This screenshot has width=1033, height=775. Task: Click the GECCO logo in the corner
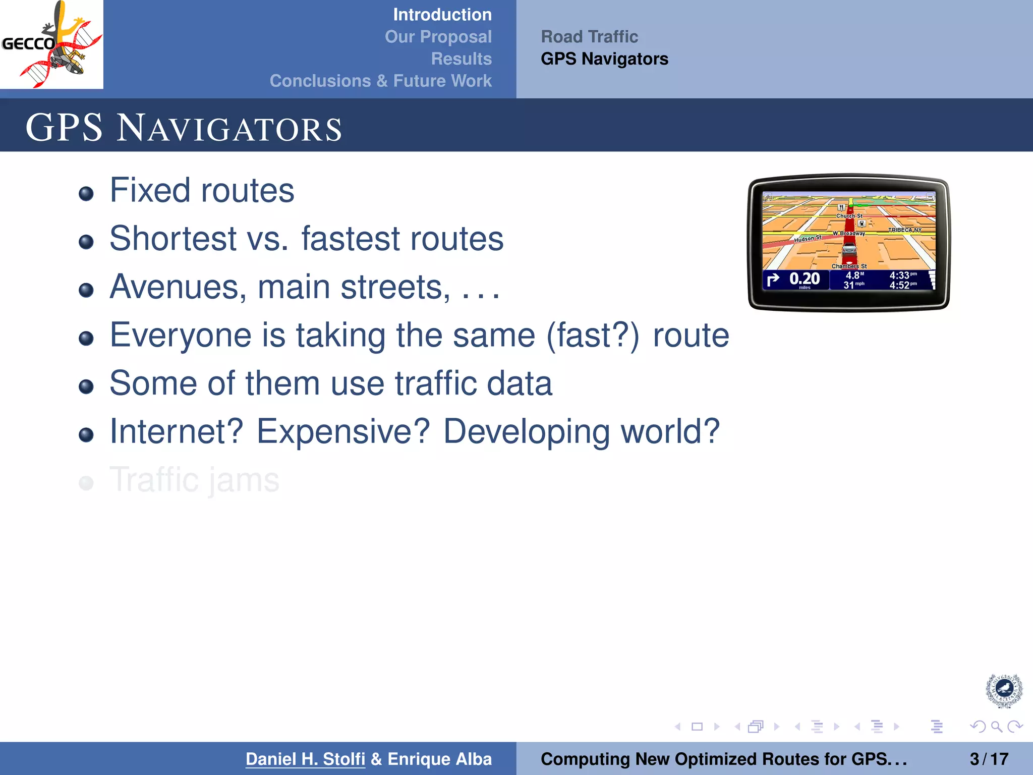click(x=51, y=44)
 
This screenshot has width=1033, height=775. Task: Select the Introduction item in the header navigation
click(x=442, y=15)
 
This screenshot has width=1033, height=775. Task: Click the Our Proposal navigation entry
click(x=438, y=37)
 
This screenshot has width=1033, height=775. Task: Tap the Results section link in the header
click(x=461, y=59)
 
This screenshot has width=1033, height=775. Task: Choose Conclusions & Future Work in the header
click(x=380, y=81)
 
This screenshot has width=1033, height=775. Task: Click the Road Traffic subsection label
click(x=589, y=37)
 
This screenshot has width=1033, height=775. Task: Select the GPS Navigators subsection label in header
click(x=604, y=59)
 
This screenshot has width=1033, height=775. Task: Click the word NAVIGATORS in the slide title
click(x=229, y=128)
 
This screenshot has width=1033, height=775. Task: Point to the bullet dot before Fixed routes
click(x=86, y=194)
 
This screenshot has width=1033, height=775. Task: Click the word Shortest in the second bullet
click(x=173, y=239)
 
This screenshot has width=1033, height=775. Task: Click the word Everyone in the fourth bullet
click(x=180, y=335)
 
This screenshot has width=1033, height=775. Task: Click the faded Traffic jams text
click(x=194, y=480)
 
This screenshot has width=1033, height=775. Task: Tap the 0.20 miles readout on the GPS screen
click(x=804, y=279)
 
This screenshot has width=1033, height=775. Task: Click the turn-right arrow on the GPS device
click(x=773, y=279)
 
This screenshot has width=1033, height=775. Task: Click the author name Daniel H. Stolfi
click(x=305, y=759)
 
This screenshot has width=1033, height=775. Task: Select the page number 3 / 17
click(x=989, y=759)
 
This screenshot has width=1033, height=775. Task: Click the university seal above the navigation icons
click(x=1004, y=689)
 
